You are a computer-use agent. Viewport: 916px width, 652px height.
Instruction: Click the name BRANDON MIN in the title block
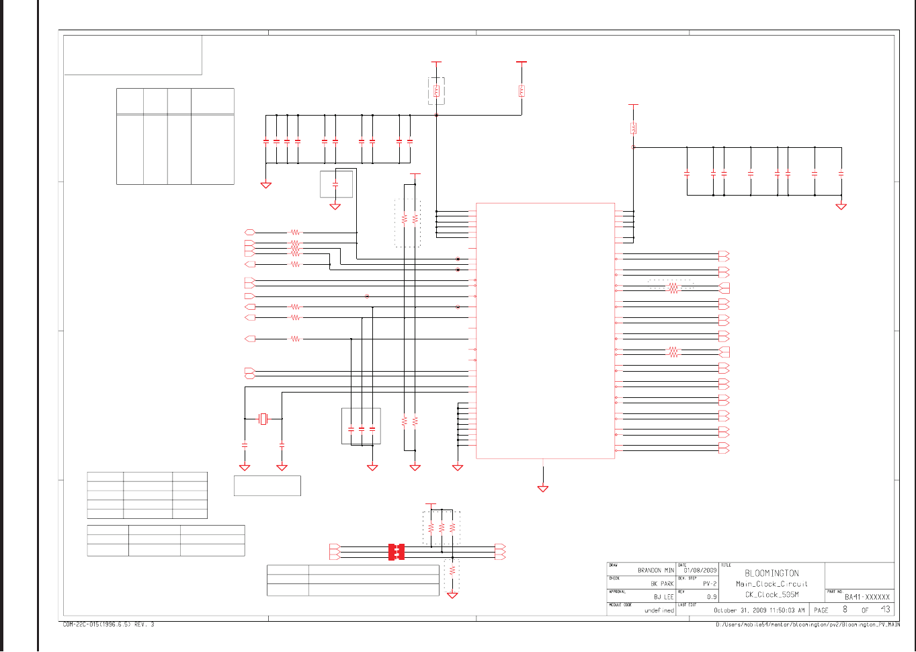pyautogui.click(x=655, y=570)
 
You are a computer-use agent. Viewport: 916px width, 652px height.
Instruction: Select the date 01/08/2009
pyautogui.click(x=700, y=570)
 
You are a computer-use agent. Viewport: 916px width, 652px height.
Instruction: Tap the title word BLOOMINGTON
pyautogui.click(x=772, y=573)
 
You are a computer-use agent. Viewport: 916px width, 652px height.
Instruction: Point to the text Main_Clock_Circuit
pyautogui.click(x=772, y=584)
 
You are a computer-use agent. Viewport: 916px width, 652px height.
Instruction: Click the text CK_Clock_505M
pyautogui.click(x=772, y=595)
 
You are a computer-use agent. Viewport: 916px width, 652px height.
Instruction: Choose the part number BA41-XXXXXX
pyautogui.click(x=867, y=597)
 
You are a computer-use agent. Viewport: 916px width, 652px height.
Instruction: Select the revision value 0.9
pyautogui.click(x=712, y=597)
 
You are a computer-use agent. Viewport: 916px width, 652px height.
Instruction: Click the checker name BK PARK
pyautogui.click(x=661, y=583)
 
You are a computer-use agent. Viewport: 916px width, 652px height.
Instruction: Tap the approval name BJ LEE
pyautogui.click(x=663, y=597)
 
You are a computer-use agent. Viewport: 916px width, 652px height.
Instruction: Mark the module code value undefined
pyautogui.click(x=659, y=610)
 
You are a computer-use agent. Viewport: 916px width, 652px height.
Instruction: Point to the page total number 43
pyautogui.click(x=885, y=610)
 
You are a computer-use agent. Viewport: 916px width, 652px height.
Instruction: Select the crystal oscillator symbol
pyautogui.click(x=263, y=419)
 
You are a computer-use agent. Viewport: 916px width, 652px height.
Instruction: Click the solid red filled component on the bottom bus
pyautogui.click(x=396, y=552)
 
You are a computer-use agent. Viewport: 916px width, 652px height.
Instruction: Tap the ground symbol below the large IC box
pyautogui.click(x=543, y=489)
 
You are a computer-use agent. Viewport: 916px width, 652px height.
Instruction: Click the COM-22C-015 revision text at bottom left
pyautogui.click(x=108, y=624)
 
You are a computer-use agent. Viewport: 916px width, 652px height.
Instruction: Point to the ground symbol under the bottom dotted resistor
pyautogui.click(x=452, y=596)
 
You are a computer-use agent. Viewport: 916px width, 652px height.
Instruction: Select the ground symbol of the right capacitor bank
pyautogui.click(x=841, y=206)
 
